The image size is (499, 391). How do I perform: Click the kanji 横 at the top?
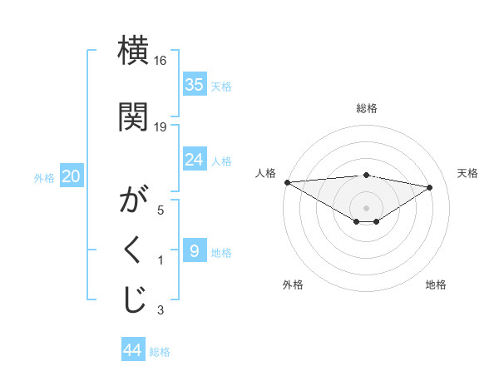(133, 52)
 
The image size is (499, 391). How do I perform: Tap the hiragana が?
(133, 200)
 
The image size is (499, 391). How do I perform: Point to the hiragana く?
(133, 250)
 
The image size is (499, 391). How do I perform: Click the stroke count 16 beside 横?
(161, 62)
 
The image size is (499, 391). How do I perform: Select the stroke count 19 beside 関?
(161, 126)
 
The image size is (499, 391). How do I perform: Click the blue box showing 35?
(195, 84)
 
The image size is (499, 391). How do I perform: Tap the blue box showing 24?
(195, 159)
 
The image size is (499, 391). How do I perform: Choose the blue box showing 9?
(195, 250)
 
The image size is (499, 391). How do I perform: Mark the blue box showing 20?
(72, 176)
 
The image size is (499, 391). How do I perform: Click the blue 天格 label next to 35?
(221, 86)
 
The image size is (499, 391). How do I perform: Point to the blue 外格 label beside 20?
(44, 177)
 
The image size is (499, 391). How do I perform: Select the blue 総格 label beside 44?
(160, 352)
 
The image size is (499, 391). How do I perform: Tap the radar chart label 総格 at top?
(366, 108)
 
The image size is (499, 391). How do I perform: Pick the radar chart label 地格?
(436, 285)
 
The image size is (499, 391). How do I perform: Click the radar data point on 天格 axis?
(430, 187)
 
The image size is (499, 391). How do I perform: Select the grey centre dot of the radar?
(366, 206)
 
